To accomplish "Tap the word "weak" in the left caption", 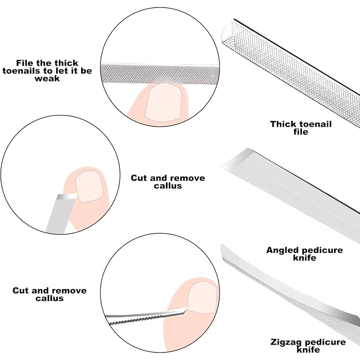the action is click(47, 78).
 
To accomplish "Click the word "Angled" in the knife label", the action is click(282, 250).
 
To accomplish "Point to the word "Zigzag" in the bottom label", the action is click(285, 342).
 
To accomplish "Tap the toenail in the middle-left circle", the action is click(89, 187).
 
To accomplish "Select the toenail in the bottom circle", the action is click(202, 297).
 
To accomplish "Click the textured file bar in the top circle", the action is click(160, 73).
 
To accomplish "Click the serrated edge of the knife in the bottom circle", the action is click(136, 320).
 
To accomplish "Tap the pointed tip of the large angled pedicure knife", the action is click(223, 167).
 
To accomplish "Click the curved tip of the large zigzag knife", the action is click(222, 245).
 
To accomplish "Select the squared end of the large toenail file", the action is click(228, 32).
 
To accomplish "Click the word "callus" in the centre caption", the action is click(168, 186).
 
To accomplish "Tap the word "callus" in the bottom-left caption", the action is click(49, 298).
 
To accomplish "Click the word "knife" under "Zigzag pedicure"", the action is click(308, 350).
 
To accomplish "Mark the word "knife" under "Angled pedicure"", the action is click(304, 258).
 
